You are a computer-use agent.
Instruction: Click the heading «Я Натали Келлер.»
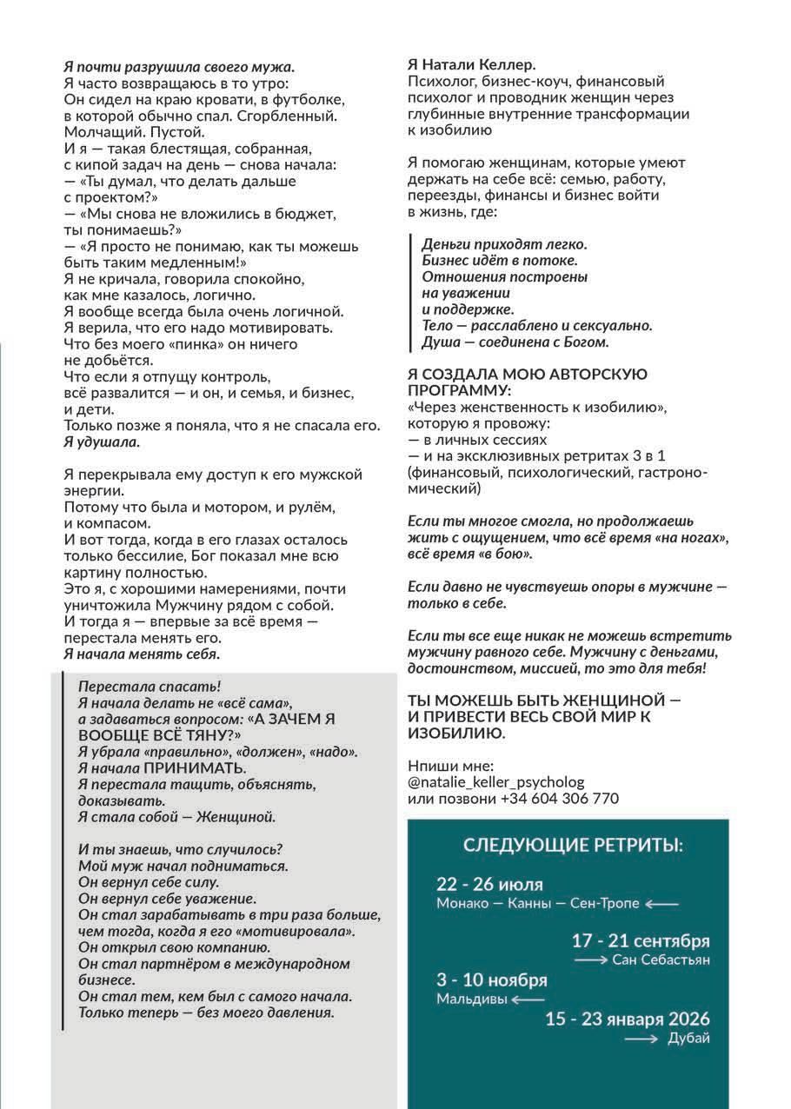pyautogui.click(x=472, y=65)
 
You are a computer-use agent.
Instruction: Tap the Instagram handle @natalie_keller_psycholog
pyautogui.click(x=495, y=781)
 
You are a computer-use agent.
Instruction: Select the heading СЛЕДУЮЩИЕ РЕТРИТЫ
pyautogui.click(x=572, y=845)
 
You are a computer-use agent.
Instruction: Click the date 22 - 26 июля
pyautogui.click(x=489, y=885)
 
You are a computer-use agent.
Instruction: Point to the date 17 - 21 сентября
pyautogui.click(x=641, y=941)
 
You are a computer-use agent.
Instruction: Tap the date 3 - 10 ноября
pyautogui.click(x=492, y=980)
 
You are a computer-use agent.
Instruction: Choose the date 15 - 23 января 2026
pyautogui.click(x=628, y=1019)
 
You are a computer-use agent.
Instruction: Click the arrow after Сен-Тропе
pyautogui.click(x=662, y=904)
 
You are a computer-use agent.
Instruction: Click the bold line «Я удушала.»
pyautogui.click(x=102, y=442)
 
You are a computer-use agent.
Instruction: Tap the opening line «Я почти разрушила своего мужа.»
pyautogui.click(x=179, y=66)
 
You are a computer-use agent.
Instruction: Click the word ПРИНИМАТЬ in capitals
pyautogui.click(x=195, y=768)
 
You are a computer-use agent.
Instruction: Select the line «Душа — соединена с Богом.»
pyautogui.click(x=515, y=342)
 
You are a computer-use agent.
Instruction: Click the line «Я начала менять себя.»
pyautogui.click(x=142, y=654)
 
